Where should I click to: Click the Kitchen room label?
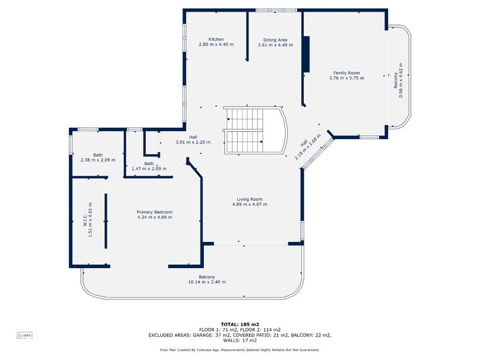(216, 40)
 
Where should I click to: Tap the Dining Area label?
(275, 40)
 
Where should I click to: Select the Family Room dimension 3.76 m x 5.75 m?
(346, 77)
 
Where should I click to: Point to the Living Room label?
(249, 199)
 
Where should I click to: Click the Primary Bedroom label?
(154, 212)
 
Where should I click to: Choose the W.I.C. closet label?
(85, 222)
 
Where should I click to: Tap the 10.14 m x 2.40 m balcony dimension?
(207, 281)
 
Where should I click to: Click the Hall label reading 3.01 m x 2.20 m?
(193, 142)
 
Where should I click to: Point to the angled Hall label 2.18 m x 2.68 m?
(310, 146)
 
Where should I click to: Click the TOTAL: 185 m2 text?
(239, 325)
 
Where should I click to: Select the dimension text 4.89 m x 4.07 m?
(249, 204)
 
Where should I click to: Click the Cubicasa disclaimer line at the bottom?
(239, 349)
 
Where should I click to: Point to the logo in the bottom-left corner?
(24, 334)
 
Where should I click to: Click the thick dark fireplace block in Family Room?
(306, 55)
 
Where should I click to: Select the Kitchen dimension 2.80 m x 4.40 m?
(216, 44)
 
